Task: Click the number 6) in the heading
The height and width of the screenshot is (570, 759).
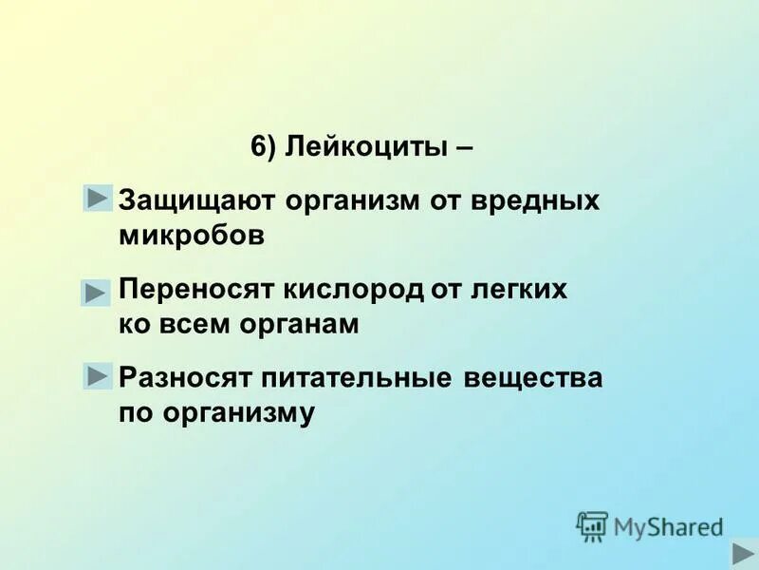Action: coord(263,148)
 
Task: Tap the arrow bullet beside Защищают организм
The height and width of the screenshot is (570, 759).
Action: coord(97,198)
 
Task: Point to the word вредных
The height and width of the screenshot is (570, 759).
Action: coord(541,201)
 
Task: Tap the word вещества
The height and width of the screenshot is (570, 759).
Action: coord(534,378)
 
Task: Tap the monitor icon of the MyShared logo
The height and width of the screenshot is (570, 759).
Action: coord(592,525)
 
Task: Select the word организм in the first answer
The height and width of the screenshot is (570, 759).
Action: coord(337,201)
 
